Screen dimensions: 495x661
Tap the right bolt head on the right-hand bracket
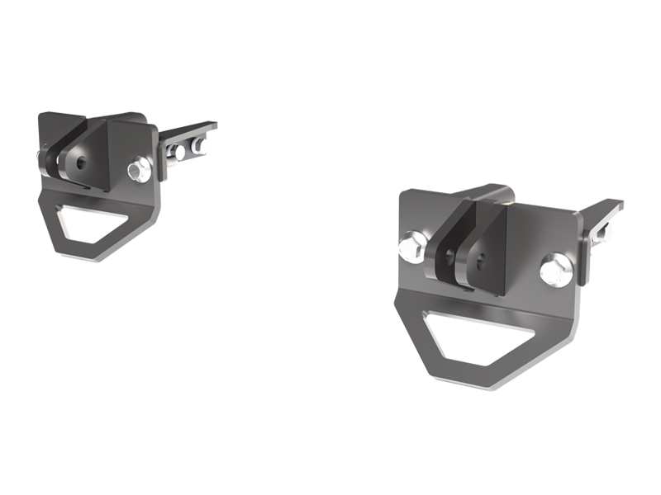pyautogui.click(x=556, y=271)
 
